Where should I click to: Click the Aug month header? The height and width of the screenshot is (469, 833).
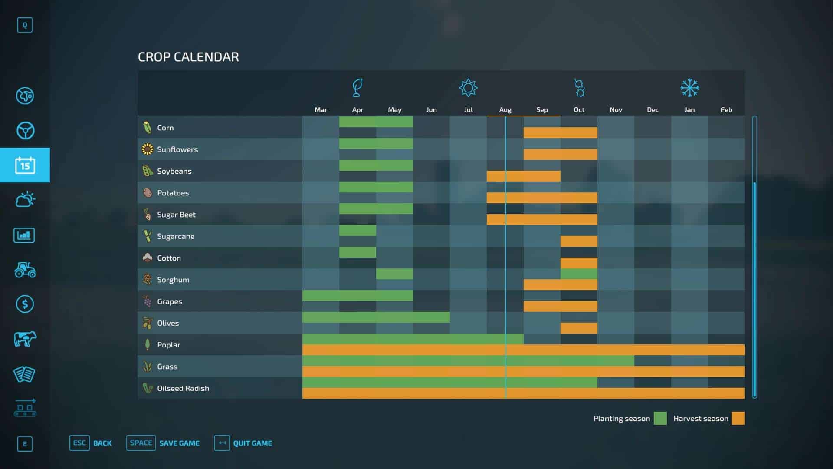click(505, 110)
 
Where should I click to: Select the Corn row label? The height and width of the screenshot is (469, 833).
click(165, 128)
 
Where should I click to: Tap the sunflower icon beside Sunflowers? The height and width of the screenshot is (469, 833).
click(148, 149)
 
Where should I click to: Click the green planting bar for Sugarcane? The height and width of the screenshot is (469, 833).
click(357, 230)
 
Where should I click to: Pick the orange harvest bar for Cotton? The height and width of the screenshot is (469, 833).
click(579, 263)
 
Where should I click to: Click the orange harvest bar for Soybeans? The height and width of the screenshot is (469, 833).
click(523, 176)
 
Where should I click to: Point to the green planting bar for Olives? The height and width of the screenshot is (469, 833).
click(376, 317)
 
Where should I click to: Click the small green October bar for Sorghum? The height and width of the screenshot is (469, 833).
click(579, 274)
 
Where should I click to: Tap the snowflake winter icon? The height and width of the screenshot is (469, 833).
click(689, 88)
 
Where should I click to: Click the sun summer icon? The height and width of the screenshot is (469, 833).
click(468, 88)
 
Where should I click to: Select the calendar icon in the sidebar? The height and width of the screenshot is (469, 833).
click(25, 165)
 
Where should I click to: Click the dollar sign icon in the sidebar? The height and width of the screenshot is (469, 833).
click(25, 304)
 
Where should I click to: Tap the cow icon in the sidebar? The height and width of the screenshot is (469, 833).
click(25, 339)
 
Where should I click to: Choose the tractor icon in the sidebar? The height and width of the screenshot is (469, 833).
click(25, 270)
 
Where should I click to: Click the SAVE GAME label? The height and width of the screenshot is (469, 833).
click(179, 443)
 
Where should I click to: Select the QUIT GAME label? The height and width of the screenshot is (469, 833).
click(253, 443)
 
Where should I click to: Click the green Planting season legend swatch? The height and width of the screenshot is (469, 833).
click(660, 418)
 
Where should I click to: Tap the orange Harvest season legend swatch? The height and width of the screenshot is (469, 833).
click(738, 418)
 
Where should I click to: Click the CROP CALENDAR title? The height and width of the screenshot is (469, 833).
click(188, 57)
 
